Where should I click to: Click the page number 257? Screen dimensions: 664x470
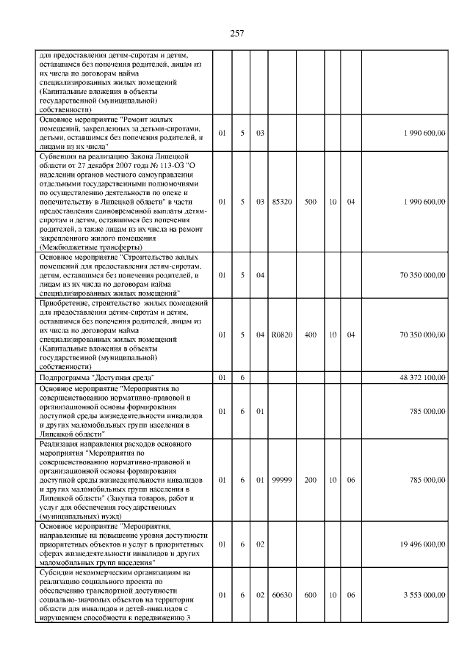click(x=235, y=33)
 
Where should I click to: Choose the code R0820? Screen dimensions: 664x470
click(x=281, y=335)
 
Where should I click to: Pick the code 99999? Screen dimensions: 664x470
click(x=281, y=481)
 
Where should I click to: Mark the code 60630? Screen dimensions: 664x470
click(x=281, y=595)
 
